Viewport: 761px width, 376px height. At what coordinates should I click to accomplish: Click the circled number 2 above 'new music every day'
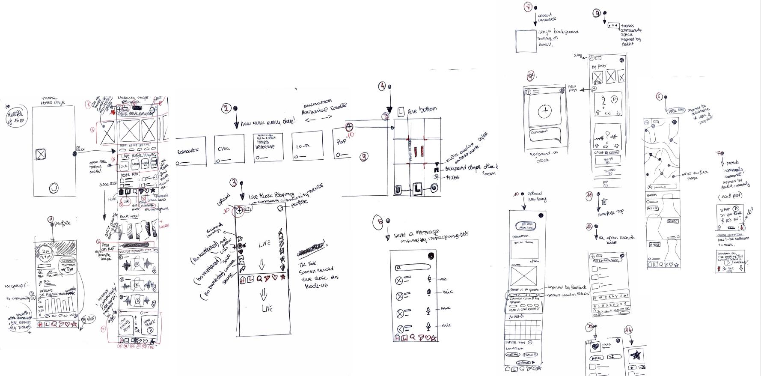coord(226,109)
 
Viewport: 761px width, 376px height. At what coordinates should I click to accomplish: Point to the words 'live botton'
coord(422,110)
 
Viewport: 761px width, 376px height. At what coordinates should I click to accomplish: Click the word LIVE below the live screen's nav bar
coord(267,308)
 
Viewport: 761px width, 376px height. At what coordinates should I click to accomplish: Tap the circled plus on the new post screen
coord(545,111)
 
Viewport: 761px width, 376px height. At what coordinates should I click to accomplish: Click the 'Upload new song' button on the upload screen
coord(525,225)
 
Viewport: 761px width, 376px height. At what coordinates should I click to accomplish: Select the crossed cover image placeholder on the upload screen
coord(524,277)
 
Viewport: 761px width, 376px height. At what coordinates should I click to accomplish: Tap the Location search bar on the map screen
coord(663,187)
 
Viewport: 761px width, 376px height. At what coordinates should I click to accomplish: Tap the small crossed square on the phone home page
coord(41,154)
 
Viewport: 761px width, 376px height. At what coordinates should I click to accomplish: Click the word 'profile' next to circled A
coord(62,224)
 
